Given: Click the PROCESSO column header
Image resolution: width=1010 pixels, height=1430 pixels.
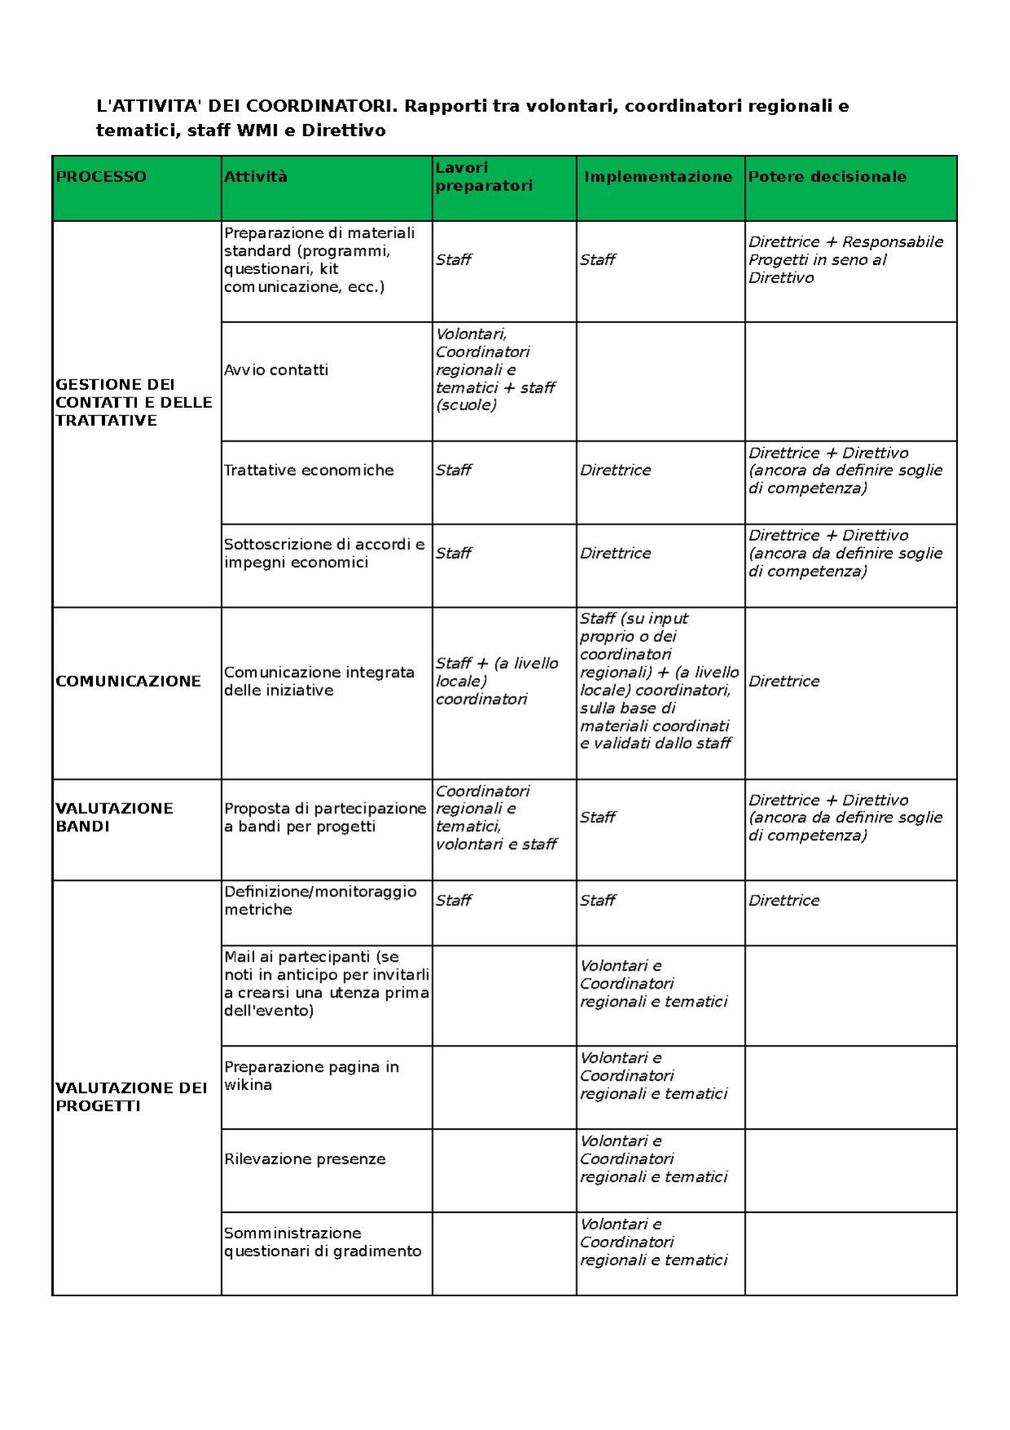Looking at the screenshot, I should pos(101,177).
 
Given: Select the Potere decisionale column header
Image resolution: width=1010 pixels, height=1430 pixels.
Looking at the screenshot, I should pos(827,177).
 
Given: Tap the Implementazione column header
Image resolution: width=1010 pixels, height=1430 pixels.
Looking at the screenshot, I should pos(658,177).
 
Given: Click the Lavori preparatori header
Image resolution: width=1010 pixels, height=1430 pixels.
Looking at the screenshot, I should pos(483,177).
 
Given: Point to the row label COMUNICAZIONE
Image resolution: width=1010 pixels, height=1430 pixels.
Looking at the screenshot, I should pos(128,681).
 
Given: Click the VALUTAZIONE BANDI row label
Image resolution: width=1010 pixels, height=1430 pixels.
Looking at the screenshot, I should pos(114,817).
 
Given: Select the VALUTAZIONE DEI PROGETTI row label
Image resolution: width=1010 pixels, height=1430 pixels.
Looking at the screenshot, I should pos(131,1096).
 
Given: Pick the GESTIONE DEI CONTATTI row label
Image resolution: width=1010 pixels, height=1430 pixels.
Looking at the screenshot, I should pos(134,402).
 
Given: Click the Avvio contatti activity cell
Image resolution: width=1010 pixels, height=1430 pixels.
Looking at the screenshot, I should pos(276,370).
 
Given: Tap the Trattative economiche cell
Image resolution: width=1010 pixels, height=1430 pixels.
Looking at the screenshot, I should pos(309,471).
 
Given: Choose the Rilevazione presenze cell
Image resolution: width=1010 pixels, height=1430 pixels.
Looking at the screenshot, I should pos(305,1159).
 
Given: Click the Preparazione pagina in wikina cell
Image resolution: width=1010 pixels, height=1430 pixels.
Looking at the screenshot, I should pos(311,1076).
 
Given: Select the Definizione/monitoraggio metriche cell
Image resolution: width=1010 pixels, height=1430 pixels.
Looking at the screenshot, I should pos(320,901).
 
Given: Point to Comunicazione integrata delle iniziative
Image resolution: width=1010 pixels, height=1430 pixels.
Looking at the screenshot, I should pos(320,681).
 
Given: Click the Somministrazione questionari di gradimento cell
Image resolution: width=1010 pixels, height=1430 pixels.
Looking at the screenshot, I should pos(323,1242).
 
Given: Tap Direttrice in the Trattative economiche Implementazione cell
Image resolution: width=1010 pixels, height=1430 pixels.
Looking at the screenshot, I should pos(615,471).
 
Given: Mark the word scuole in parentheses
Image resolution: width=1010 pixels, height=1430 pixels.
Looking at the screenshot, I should pos(466,405).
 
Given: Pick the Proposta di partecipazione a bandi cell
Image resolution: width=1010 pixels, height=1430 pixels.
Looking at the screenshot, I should pos(325,817).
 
